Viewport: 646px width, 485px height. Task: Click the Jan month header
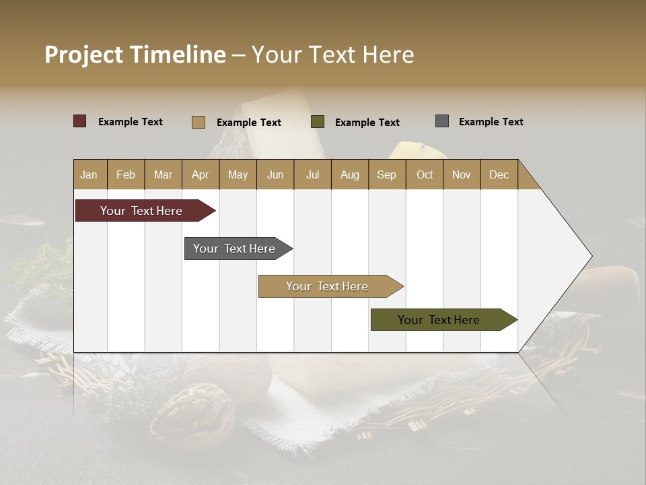(x=89, y=174)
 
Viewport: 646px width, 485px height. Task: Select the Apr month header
(x=201, y=174)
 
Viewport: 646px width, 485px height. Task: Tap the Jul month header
(x=312, y=174)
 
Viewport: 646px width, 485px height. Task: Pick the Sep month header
(x=387, y=174)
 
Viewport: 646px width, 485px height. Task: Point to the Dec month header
(x=499, y=174)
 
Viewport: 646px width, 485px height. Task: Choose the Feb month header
(x=126, y=174)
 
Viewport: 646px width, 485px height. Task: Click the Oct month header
(x=425, y=174)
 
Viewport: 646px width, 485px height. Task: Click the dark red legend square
(x=80, y=121)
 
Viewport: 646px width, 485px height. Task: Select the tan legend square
(x=199, y=122)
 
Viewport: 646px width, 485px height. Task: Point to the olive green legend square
(x=318, y=122)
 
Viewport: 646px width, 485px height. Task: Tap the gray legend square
(x=442, y=121)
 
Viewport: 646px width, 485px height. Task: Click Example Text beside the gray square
(x=491, y=122)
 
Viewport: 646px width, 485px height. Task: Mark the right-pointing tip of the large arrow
(x=591, y=256)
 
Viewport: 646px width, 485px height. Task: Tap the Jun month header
(x=275, y=174)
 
